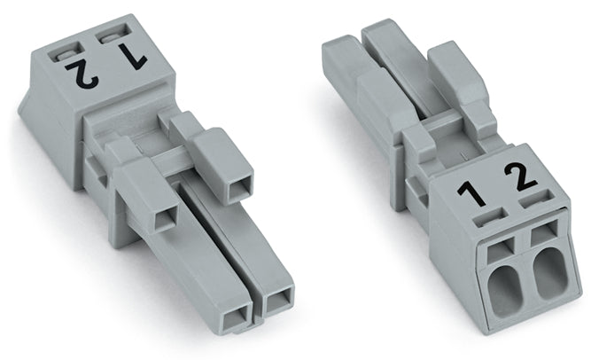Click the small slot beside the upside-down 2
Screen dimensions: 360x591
(x=66, y=56)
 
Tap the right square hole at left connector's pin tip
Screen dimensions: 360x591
(x=278, y=301)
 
